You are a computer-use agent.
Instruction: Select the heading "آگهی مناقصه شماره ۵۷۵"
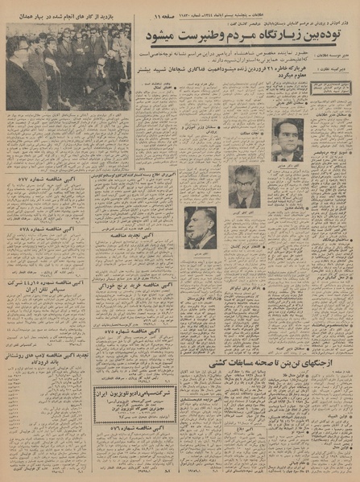pos(129,331)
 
